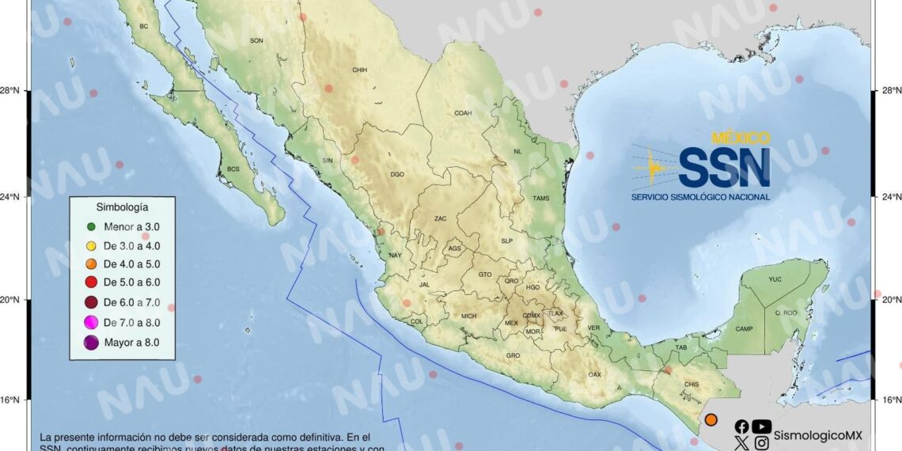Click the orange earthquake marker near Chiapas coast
[711, 419]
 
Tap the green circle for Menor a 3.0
[90, 226]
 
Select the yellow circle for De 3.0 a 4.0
[90, 245]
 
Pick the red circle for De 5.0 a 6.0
[90, 282]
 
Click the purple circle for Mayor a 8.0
[90, 342]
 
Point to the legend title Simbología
[121, 207]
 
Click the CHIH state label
[360, 70]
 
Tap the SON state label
[256, 40]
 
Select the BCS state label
[233, 169]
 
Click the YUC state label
[775, 279]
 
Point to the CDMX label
[531, 316]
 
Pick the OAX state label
[594, 374]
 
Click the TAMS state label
[541, 199]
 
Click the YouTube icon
[761, 426]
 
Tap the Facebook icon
[741, 426]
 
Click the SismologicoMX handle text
[817, 435]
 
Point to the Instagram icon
[761, 443]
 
